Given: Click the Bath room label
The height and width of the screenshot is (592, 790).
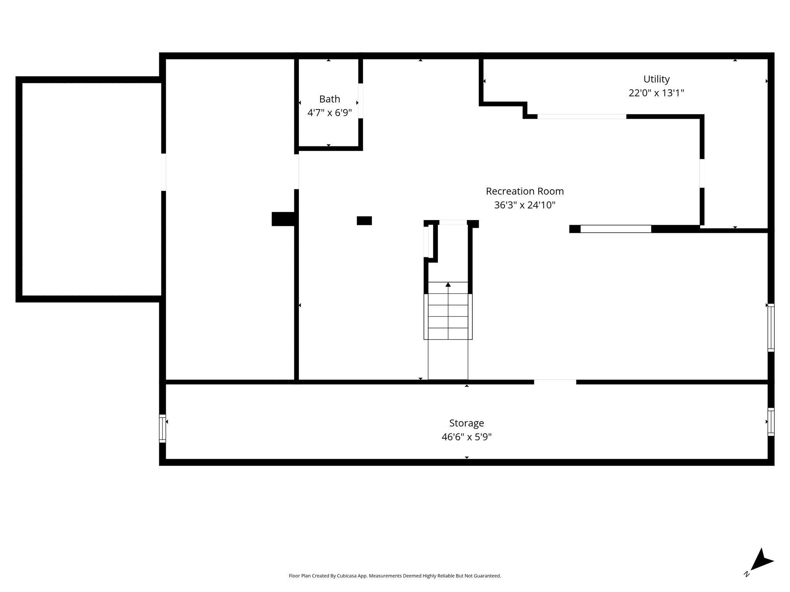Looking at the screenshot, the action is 329,99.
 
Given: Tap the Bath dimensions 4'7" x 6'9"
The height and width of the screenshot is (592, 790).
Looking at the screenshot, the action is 329,113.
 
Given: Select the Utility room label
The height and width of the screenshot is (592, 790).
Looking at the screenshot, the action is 656,79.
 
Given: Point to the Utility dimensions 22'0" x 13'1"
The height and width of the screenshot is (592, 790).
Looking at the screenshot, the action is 656,93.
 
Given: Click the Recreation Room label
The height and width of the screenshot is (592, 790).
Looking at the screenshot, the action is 525,191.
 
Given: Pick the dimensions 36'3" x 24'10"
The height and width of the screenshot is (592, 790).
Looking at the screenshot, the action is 525,205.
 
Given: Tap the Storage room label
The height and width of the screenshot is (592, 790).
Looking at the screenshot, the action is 466,423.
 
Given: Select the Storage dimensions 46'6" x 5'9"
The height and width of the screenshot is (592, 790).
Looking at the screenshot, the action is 466,437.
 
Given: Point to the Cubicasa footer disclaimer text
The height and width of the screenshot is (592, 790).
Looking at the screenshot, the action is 395,576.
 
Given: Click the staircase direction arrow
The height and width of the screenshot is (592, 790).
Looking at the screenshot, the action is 448,284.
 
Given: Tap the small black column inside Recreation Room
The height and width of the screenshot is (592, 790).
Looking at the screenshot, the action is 364,220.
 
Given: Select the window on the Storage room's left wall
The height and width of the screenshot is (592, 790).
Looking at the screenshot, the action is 162,428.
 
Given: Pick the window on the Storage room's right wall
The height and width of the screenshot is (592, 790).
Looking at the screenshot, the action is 771,422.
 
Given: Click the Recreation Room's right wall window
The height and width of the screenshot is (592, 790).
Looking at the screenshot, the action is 771,328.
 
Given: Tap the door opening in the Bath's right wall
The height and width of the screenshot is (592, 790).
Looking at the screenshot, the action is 360,101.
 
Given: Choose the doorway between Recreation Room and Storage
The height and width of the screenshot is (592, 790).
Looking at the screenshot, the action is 555,382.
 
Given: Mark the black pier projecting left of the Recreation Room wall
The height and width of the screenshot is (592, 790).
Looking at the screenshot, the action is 284,219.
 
